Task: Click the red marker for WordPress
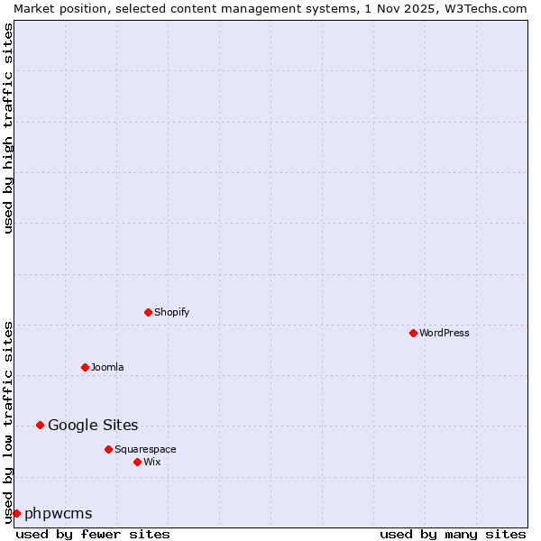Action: [x=413, y=333]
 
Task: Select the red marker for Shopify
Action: [x=148, y=312]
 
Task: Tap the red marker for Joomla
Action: [x=85, y=367]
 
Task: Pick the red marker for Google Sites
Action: [x=40, y=425]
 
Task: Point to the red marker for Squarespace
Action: [x=108, y=449]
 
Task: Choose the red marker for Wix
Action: [x=137, y=462]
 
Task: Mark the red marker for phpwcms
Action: [x=16, y=513]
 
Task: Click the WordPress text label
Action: [x=445, y=333]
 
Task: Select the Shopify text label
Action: [x=171, y=312]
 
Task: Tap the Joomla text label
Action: [x=107, y=367]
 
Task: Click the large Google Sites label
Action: [x=93, y=425]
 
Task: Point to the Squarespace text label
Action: [x=145, y=449]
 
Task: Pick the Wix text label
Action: [x=151, y=462]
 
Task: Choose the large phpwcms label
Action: [x=59, y=513]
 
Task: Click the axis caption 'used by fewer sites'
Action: [x=93, y=534]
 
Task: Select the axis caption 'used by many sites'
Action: [x=453, y=534]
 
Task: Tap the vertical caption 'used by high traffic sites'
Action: [x=8, y=128]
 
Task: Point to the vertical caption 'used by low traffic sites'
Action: [x=8, y=422]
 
